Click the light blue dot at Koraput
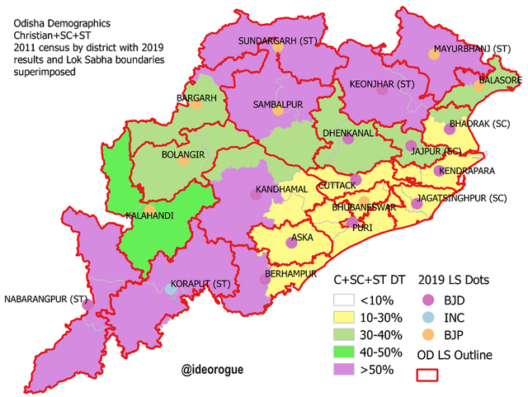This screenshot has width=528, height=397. [171, 290]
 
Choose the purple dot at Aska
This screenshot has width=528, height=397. [290, 243]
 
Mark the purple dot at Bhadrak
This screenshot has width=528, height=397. [450, 129]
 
